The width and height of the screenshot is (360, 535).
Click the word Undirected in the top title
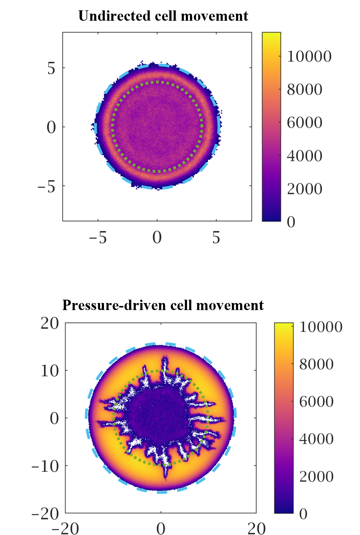pyautogui.click(x=115, y=16)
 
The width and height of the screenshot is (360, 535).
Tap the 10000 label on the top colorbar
pyautogui.click(x=309, y=57)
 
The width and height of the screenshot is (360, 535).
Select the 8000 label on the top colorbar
pyautogui.click(x=305, y=90)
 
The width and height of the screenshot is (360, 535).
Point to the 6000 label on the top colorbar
pyautogui.click(x=305, y=123)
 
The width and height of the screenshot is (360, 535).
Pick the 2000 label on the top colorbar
pyautogui.click(x=305, y=189)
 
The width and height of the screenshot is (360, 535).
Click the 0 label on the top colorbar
pyautogui.click(x=291, y=222)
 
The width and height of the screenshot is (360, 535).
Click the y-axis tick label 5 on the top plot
pyautogui.click(x=51, y=68)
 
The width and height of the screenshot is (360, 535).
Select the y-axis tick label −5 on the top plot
pyautogui.click(x=46, y=186)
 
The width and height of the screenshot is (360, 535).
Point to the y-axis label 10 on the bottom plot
pyautogui.click(x=50, y=371)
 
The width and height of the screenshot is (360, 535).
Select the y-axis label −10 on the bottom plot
pyautogui.click(x=45, y=466)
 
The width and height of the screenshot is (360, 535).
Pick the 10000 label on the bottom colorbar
pyautogui.click(x=320, y=327)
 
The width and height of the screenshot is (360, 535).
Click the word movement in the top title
pyautogui.click(x=215, y=16)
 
